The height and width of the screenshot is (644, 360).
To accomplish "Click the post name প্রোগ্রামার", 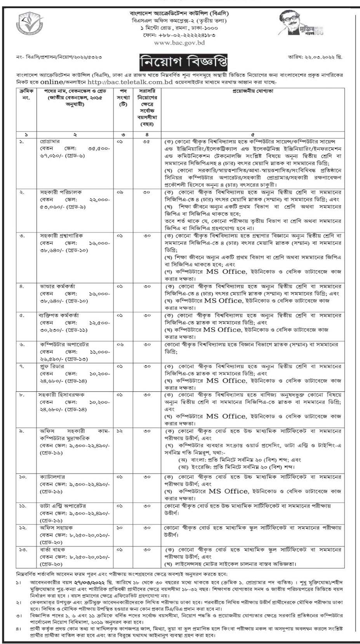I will click(49, 141).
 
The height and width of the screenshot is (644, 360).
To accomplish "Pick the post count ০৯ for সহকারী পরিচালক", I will click(120, 192).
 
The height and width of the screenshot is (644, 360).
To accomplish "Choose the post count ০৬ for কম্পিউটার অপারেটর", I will click(120, 344).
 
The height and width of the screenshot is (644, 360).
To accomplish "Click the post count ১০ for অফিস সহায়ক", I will click(120, 528).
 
